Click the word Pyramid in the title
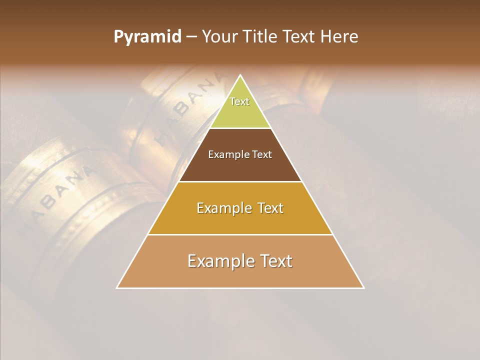click(147, 36)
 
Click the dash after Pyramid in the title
click(191, 37)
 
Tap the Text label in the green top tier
click(239, 101)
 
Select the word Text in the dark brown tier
click(262, 154)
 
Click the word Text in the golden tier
click(270, 208)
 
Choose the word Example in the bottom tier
click(221, 261)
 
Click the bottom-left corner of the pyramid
click(117, 287)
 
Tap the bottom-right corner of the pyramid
click(363, 287)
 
